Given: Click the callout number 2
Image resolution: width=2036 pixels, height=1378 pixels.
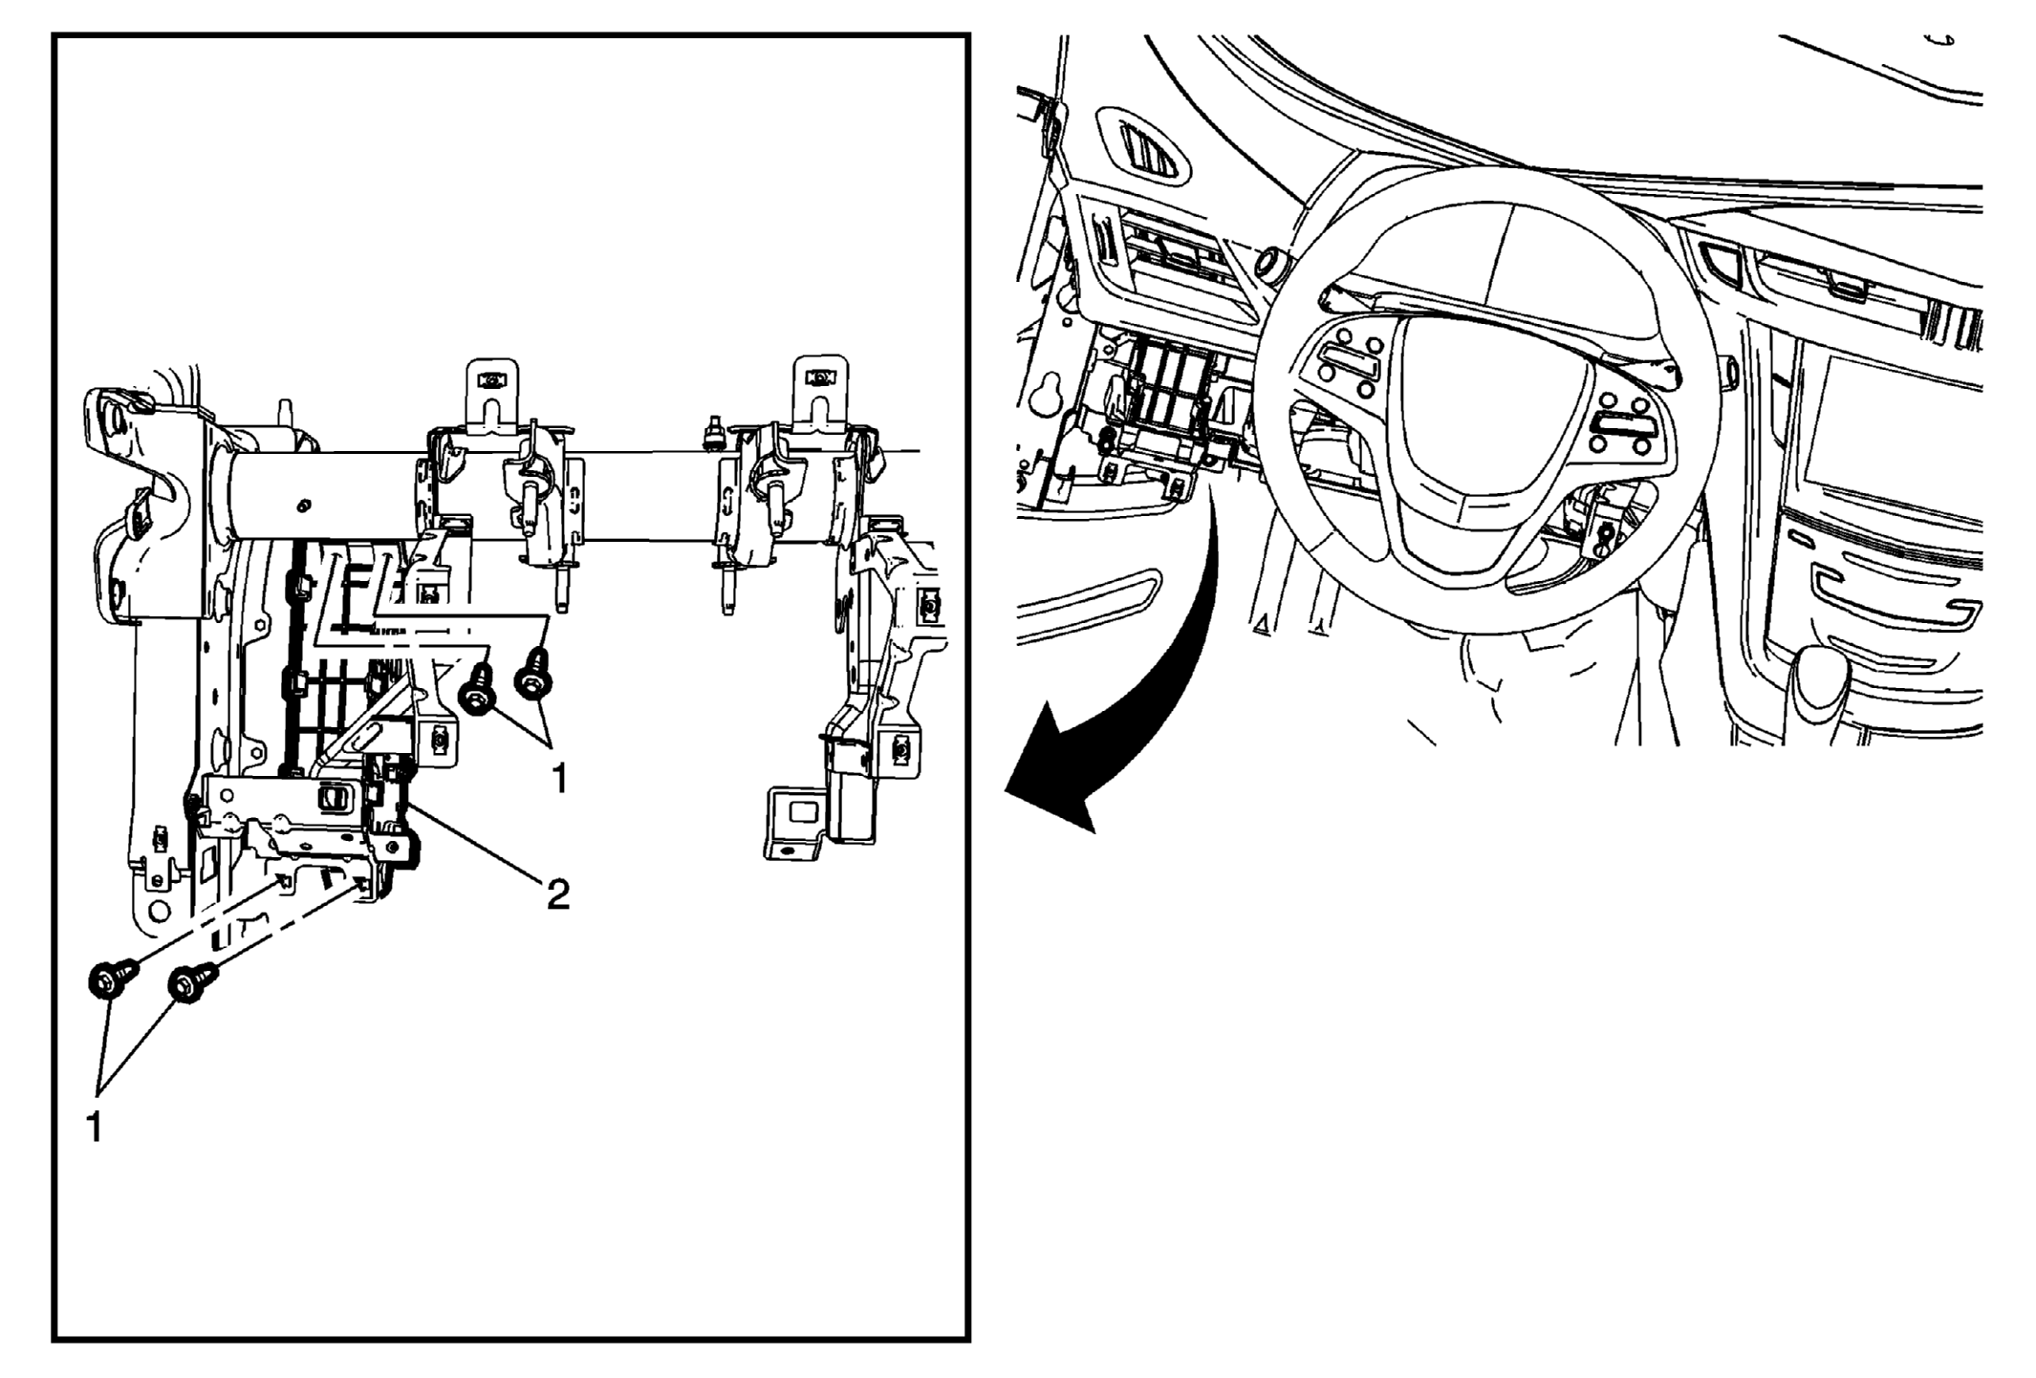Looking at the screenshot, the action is coord(557,894).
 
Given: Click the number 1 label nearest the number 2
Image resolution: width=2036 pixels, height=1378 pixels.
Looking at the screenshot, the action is coord(560,779).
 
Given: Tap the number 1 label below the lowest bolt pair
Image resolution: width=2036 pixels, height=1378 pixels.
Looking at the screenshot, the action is coord(95,1128).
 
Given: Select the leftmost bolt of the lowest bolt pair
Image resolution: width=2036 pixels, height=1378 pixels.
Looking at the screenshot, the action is coord(112,980).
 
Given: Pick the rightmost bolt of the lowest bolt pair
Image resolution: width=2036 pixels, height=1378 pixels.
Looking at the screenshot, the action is coord(191,982).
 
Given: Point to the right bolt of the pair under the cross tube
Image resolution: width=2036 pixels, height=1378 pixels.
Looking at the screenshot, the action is coord(534,675).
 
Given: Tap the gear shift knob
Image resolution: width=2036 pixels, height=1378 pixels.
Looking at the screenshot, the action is coord(1820,681).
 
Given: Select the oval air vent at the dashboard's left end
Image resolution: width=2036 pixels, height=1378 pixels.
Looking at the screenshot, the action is coord(1143,147).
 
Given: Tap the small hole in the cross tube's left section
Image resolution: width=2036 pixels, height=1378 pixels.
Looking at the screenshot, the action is coord(303,504).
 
